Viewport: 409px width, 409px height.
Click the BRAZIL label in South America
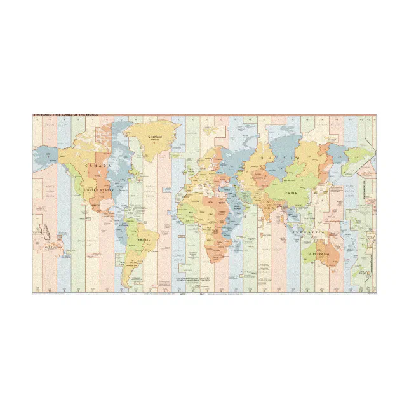tap(144, 239)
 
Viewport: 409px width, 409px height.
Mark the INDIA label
tap(270, 208)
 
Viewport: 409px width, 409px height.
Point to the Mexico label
tap(96, 206)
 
